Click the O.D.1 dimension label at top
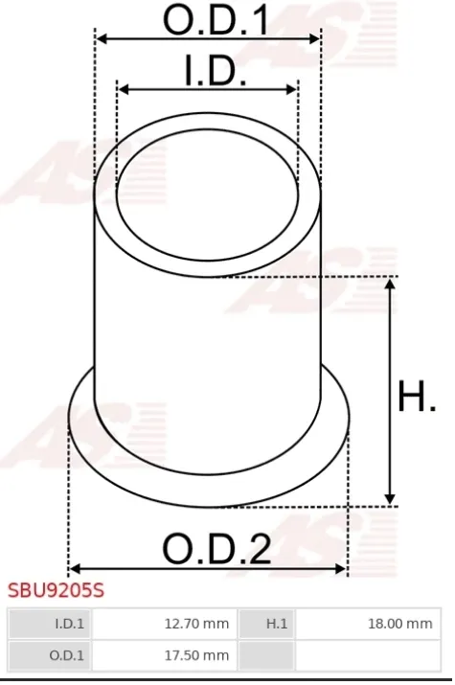click(216, 19)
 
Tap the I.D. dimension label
click(216, 70)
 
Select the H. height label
click(417, 396)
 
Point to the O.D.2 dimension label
click(216, 548)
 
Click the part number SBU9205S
click(56, 590)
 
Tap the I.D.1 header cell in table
click(49, 624)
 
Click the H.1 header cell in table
click(266, 624)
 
